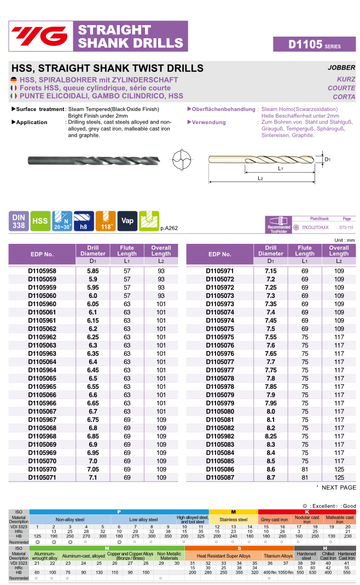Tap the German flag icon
14,80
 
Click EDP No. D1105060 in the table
42,296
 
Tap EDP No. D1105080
220,411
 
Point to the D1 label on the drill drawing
328,160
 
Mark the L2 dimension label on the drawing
261,179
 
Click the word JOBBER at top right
341,68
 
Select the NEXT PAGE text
339,487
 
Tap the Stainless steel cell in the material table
233,519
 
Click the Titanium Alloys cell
278,556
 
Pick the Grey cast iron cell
274,519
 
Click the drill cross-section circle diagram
182,160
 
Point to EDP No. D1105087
220,477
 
